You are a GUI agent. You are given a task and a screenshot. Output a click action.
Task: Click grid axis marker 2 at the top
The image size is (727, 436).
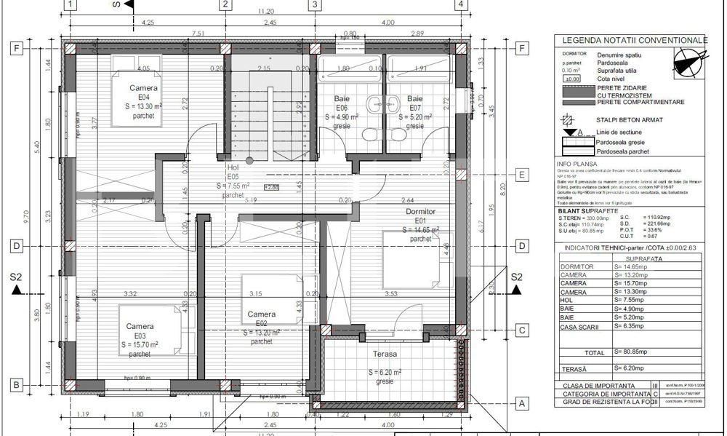(225, 4)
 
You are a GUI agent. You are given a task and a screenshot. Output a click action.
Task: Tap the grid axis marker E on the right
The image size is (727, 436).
(521, 175)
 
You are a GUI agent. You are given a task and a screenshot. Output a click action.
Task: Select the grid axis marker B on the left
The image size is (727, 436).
(14, 384)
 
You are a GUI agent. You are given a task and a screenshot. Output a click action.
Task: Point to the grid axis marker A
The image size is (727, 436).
(521, 403)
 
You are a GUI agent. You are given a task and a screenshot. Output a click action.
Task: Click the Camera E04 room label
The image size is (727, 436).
(143, 96)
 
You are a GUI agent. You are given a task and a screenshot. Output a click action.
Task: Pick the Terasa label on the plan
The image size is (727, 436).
(385, 354)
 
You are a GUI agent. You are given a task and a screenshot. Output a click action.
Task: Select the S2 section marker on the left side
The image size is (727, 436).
(17, 277)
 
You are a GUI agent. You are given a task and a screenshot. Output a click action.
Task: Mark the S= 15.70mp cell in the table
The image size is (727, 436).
(631, 283)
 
